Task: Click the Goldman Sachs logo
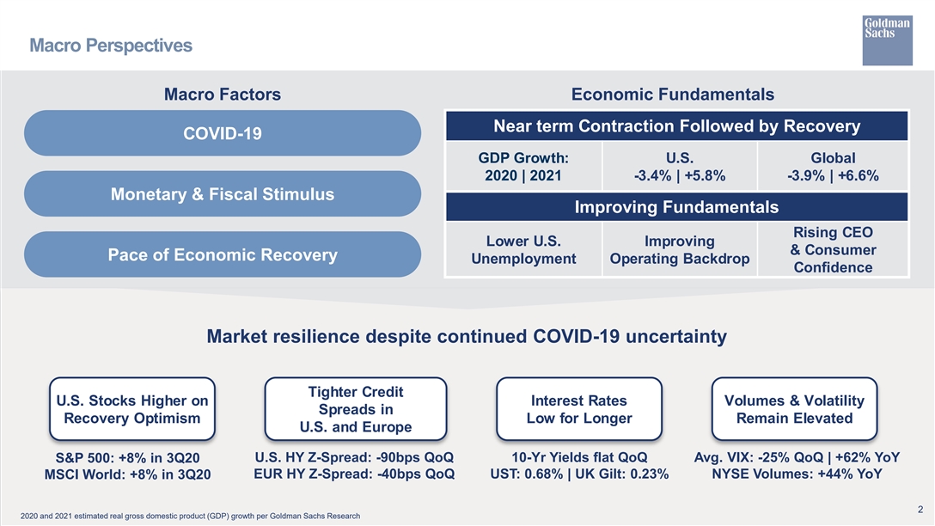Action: [887, 40]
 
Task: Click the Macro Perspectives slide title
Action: [111, 46]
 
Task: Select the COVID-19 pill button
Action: [223, 133]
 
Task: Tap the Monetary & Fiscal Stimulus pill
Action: [223, 194]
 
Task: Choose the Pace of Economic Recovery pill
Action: [223, 254]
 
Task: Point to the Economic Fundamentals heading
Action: [673, 95]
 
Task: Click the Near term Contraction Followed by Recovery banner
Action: [677, 125]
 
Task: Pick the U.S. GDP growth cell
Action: [680, 167]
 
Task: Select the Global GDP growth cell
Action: [833, 167]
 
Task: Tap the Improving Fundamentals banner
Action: [677, 207]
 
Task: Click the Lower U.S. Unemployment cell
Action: [523, 249]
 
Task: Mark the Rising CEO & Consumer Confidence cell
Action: [833, 249]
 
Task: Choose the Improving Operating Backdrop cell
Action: [680, 249]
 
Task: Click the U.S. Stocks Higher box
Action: [132, 409]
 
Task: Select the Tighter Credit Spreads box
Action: [356, 409]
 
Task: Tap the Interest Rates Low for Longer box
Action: [579, 409]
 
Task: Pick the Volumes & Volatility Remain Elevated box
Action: [794, 409]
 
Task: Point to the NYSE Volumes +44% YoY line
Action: [797, 474]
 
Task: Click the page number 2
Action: [920, 510]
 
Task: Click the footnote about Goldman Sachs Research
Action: [190, 516]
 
